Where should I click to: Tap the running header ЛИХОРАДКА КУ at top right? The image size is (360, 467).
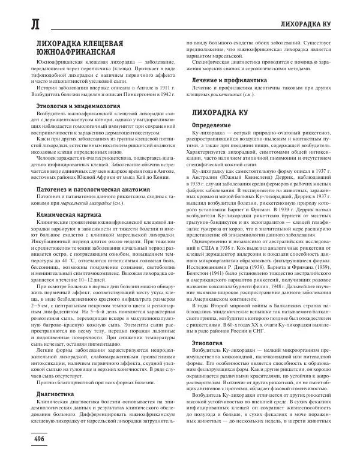point(314,24)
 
